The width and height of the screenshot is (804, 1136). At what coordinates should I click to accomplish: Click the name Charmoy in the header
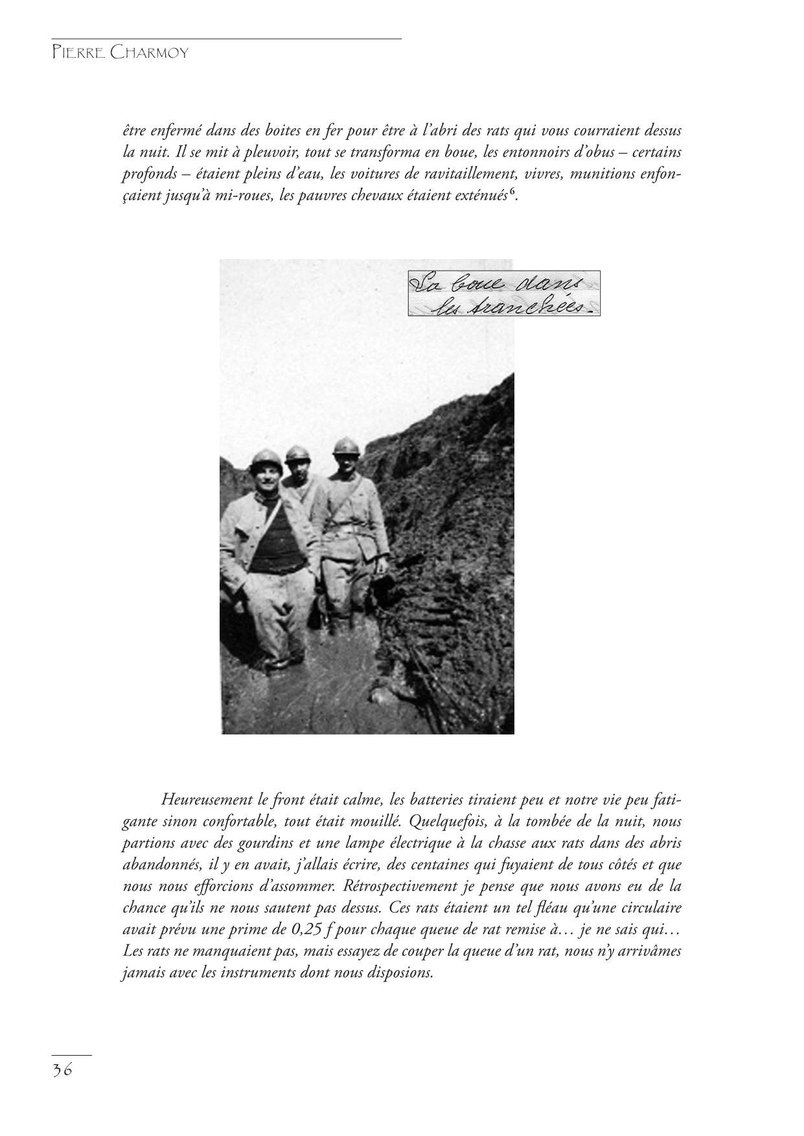[x=150, y=53]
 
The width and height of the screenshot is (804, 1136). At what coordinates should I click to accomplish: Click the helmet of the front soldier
[x=268, y=459]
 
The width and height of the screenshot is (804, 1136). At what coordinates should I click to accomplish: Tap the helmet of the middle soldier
[x=298, y=453]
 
